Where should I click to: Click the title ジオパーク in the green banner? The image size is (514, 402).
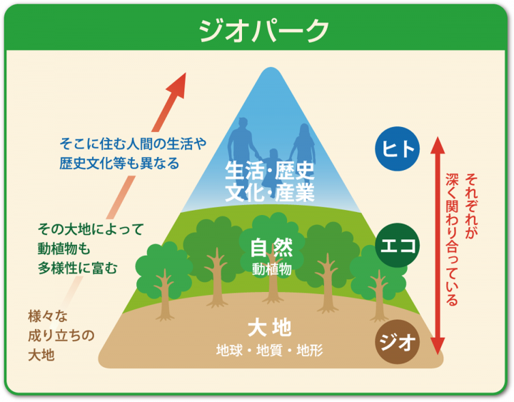pyautogui.click(x=263, y=31)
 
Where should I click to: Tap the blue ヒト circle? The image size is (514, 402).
pyautogui.click(x=398, y=149)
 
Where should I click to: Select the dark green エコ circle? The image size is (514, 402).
pyautogui.click(x=398, y=245)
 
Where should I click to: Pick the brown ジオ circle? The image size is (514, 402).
pyautogui.click(x=398, y=342)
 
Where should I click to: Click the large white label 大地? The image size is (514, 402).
pyautogui.click(x=269, y=327)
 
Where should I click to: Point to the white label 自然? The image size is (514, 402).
pyautogui.click(x=271, y=248)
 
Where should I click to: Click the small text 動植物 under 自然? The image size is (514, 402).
pyautogui.click(x=272, y=269)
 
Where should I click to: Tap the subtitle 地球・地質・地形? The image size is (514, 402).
pyautogui.click(x=269, y=350)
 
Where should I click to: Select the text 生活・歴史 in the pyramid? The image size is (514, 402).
pyautogui.click(x=269, y=171)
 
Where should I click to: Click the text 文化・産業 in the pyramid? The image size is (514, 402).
pyautogui.click(x=269, y=193)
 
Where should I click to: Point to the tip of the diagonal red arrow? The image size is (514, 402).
pyautogui.click(x=186, y=73)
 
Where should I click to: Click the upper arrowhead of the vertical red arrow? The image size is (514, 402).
pyautogui.click(x=438, y=144)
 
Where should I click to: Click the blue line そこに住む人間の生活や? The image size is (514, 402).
pyautogui.click(x=133, y=144)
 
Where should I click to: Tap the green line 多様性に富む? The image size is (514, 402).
pyautogui.click(x=77, y=268)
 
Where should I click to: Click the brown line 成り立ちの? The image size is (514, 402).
pyautogui.click(x=61, y=336)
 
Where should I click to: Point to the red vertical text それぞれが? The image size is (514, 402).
pyautogui.click(x=471, y=206)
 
